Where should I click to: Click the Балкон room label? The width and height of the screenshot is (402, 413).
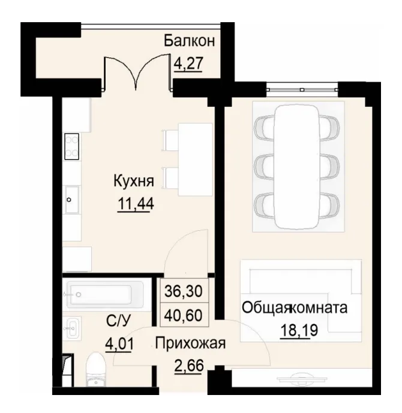189,41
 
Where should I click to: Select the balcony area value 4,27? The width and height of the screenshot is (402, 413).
188,63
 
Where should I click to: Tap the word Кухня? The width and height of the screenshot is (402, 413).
134,180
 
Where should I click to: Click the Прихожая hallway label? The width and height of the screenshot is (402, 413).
190,343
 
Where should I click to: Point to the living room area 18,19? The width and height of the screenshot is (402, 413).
294,331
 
